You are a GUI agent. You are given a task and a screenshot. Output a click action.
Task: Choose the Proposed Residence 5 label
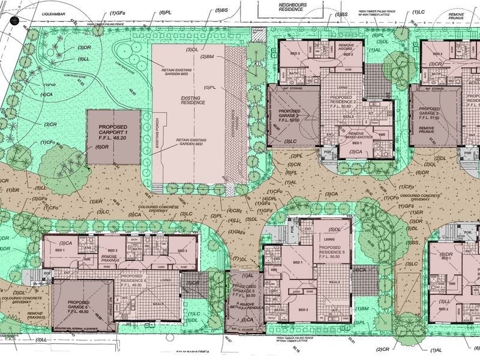pyautogui.click(x=339, y=251)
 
